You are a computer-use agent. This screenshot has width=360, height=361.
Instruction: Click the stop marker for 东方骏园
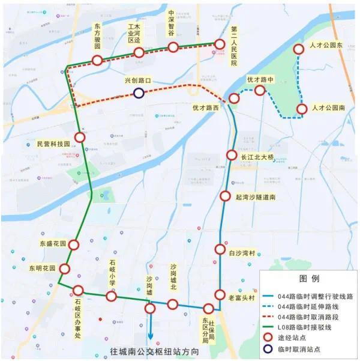coord(97,59)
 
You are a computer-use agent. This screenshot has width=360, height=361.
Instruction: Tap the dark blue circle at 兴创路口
coord(139,93)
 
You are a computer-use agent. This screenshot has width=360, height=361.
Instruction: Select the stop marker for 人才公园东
coord(299,49)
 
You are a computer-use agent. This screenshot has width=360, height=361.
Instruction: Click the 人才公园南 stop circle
coord(302,109)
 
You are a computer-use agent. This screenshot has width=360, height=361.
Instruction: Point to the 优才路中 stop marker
coord(260,90)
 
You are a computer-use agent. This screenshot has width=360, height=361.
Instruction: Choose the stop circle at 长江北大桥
coord(232,155)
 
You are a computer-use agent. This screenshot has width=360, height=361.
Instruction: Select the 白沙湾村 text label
coord(243,250)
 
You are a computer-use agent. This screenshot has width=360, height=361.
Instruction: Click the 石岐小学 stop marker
coord(111,296)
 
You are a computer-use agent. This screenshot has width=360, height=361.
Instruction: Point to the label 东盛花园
coord(51,244)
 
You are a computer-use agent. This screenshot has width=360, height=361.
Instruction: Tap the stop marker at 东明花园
coord(64,268)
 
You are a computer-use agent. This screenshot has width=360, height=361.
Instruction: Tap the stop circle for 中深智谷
coord(173,47)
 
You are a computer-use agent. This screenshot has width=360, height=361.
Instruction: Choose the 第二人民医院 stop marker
coord(220,43)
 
